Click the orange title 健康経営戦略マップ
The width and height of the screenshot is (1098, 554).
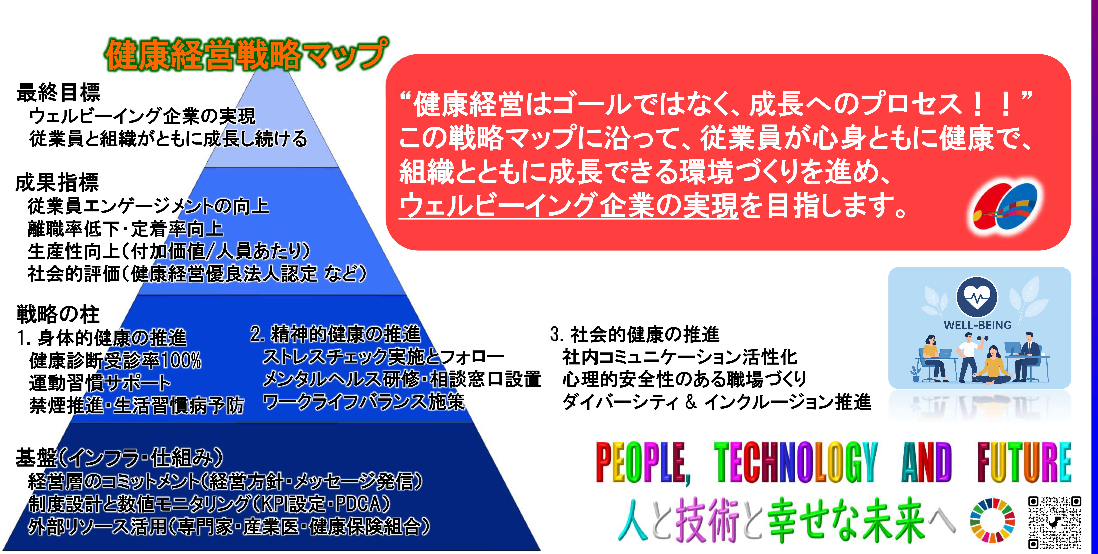[246, 55]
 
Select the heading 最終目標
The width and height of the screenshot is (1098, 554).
[58, 92]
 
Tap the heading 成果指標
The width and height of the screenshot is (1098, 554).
[57, 182]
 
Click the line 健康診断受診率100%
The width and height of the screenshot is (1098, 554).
[115, 360]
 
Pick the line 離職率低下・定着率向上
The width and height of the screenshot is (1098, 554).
[125, 229]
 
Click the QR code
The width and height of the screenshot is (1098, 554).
[1055, 522]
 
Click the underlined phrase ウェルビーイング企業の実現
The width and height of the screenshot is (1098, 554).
[568, 205]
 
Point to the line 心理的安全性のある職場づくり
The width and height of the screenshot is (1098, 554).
[684, 379]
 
